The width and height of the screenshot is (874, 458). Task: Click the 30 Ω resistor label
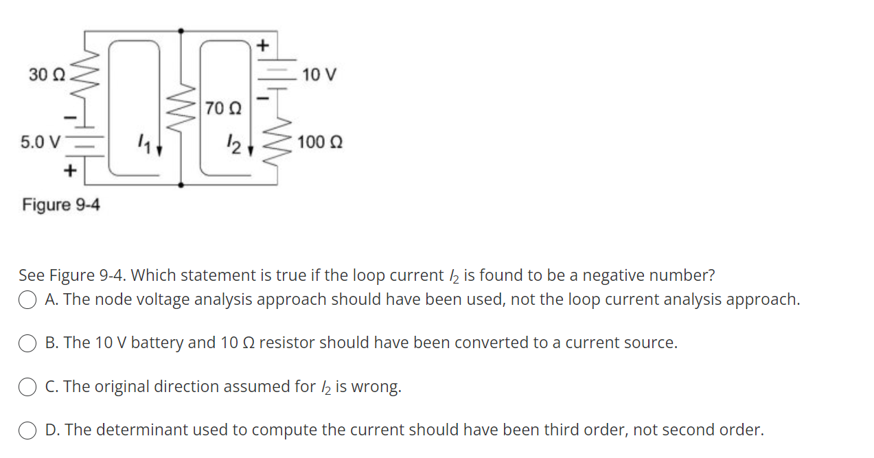coord(47,74)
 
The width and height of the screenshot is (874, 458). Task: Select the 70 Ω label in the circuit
coord(223,108)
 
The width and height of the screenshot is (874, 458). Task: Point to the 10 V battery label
coord(319,74)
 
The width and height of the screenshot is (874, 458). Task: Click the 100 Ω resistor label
coord(321,142)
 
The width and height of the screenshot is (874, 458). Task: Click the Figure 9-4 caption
coord(60,205)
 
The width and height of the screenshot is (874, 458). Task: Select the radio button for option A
coord(27,300)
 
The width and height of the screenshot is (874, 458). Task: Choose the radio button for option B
coord(27,343)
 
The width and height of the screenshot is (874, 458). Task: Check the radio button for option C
coord(27,387)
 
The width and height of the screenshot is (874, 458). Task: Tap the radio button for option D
coord(27,431)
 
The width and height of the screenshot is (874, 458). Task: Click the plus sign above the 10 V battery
coord(263,45)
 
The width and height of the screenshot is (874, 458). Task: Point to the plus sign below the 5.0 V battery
coord(69,171)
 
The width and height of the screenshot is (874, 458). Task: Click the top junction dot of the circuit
coord(181,30)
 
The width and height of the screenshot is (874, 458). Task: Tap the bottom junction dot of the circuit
coord(181,185)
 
